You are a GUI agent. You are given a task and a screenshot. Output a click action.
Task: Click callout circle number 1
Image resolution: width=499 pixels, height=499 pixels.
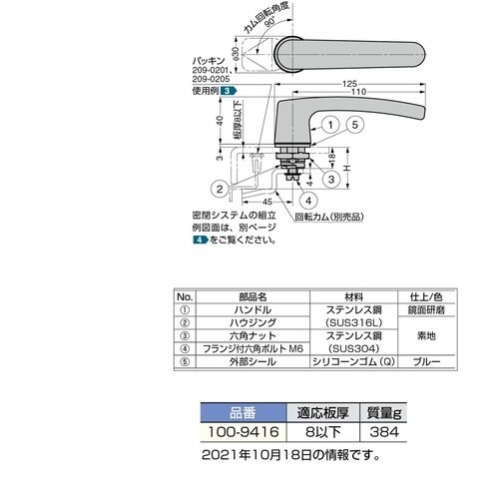pos(330,125)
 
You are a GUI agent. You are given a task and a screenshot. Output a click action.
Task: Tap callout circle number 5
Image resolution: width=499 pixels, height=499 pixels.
pos(355,125)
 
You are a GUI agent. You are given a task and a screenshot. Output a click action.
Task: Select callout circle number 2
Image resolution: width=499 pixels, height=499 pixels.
pos(220,190)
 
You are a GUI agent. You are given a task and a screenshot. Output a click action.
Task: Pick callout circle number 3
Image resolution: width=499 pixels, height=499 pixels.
pos(331,180)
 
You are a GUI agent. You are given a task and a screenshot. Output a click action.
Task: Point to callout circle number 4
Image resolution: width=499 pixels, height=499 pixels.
pos(308,201)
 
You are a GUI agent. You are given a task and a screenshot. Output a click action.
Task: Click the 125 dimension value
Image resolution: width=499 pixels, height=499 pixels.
pos(349,84)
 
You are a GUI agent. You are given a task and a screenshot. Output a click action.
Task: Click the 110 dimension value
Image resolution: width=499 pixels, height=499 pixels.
pos(358,92)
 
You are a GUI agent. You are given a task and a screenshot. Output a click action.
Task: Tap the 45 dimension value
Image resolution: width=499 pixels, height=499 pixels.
pos(267,202)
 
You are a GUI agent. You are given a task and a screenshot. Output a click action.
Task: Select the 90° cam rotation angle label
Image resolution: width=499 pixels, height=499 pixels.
pos(270,22)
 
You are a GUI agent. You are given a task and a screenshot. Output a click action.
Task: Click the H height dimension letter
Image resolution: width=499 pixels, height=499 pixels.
pos(347,168)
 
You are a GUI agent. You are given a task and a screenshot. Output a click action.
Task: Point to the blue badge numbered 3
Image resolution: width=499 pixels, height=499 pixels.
pos(229,91)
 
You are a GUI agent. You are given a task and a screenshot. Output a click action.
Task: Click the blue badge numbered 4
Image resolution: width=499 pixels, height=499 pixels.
pos(201,240)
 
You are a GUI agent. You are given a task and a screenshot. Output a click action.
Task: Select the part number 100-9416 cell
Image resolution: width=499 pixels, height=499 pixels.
pos(244,432)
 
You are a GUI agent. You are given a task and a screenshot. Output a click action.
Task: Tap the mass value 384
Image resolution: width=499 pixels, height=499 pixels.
pos(383,432)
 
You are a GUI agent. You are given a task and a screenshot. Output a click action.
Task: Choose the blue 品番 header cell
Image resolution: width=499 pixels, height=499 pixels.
pos(244,413)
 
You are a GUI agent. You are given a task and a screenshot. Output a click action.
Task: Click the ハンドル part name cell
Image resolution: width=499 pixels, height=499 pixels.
pos(252,310)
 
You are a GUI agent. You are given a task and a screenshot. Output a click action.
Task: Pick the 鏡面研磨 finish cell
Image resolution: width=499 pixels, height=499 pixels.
pos(426,310)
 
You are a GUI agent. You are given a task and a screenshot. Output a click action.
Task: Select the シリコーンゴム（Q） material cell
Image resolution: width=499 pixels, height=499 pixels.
pos(353,361)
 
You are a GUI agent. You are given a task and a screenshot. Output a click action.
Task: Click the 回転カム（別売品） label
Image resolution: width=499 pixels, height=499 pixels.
pos(329,218)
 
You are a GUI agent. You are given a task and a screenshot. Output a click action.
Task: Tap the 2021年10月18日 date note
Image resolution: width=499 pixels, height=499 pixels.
pos(290,455)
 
